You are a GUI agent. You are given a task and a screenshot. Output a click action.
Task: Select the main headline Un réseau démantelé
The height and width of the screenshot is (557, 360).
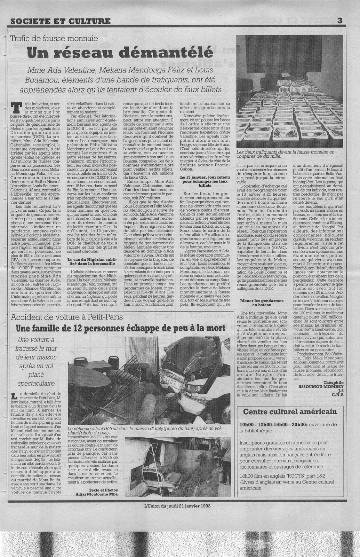(x=120, y=52)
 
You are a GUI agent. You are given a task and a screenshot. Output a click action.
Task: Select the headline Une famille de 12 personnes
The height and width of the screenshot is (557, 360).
(x=121, y=328)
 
